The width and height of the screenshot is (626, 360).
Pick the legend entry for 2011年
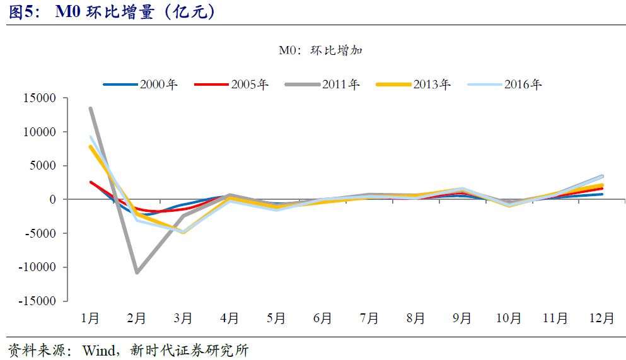[x=322, y=84]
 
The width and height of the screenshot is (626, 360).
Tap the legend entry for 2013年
[x=414, y=84]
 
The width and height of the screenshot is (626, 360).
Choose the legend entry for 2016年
[x=504, y=84]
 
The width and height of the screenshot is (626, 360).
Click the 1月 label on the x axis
[x=90, y=319]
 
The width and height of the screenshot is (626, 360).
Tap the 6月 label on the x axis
[x=323, y=319]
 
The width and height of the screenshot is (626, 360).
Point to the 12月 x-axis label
[x=601, y=319]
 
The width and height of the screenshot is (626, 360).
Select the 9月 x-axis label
[x=462, y=319]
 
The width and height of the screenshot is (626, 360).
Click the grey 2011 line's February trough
[x=137, y=272]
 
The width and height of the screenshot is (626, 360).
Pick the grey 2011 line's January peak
[x=91, y=108]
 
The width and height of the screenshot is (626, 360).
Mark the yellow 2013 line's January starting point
[x=91, y=147]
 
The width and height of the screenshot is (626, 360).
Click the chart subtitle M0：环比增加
[x=320, y=51]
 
